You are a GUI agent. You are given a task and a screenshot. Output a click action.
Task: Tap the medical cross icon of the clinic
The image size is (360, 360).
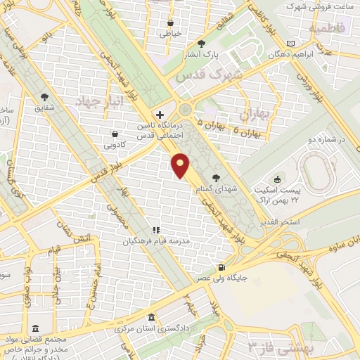coord(160,115)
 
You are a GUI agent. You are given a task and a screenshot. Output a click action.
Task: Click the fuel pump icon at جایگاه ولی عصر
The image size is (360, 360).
coord(222,266)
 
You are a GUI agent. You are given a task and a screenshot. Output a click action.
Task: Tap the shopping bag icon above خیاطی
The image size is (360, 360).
coord(171,21)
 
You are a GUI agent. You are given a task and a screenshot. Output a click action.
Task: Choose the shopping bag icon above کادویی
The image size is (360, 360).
coord(115,134)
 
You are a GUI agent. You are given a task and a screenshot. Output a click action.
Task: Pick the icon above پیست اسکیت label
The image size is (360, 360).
coord(277,179)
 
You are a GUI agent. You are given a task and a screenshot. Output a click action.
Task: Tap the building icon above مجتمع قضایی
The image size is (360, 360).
coord(35,328)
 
